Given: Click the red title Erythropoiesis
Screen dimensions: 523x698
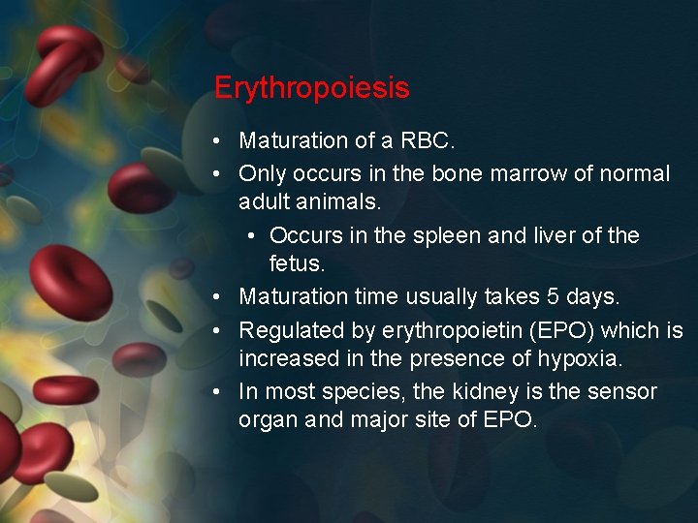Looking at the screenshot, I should tap(311, 88).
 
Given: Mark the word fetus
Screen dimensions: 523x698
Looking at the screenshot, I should tap(297, 264).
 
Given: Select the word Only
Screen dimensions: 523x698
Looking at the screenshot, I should tap(261, 174).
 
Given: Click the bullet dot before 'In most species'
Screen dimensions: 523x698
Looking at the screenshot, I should tap(220, 392).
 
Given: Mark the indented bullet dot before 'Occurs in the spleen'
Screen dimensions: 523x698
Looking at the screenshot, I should tap(251, 236).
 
